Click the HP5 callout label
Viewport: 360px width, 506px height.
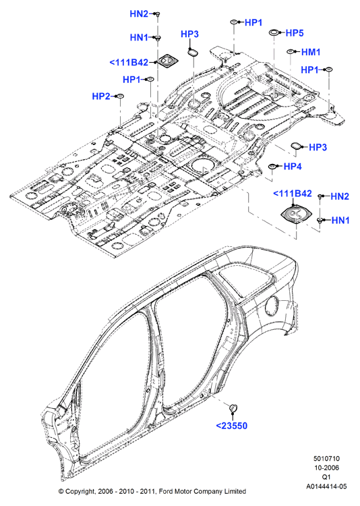pyautogui.click(x=295, y=33)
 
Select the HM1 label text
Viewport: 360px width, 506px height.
pyautogui.click(x=311, y=52)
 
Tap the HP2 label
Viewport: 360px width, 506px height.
pyautogui.click(x=101, y=96)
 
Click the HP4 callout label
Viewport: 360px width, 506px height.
pyautogui.click(x=293, y=167)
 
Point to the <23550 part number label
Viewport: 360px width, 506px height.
pyautogui.click(x=232, y=426)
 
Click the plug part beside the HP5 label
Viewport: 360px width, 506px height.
pyautogui.click(x=274, y=32)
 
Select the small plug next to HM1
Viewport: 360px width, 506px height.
pyautogui.click(x=291, y=52)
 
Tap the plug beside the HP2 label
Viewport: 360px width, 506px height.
pyautogui.click(x=120, y=96)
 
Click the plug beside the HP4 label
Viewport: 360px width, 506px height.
pyautogui.click(x=272, y=166)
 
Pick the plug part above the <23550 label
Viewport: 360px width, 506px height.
pyautogui.click(x=233, y=408)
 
